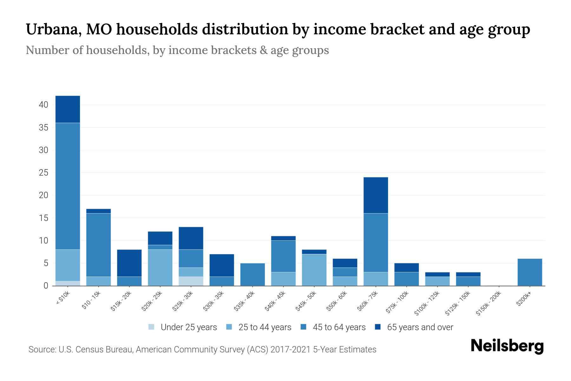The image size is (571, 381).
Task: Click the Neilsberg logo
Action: pyautogui.click(x=507, y=346)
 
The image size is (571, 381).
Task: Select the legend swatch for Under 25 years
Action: pyautogui.click(x=152, y=327)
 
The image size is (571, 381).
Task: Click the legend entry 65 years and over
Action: pyautogui.click(x=420, y=327)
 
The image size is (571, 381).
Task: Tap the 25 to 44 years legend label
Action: pyautogui.click(x=265, y=327)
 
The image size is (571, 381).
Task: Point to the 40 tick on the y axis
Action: pyautogui.click(x=43, y=105)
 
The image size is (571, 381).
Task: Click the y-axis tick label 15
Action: pyautogui.click(x=43, y=218)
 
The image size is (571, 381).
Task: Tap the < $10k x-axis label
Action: pyautogui.click(x=63, y=298)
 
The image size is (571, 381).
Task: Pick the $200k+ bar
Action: pyautogui.click(x=529, y=272)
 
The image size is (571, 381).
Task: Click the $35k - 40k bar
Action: pyautogui.click(x=253, y=275)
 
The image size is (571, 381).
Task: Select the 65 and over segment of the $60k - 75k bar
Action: pyautogui.click(x=376, y=195)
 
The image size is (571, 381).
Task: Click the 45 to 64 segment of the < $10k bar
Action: pyautogui.click(x=68, y=186)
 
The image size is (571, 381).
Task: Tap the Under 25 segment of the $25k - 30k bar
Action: pyautogui.click(x=191, y=281)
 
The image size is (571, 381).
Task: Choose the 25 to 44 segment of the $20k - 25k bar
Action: pyautogui.click(x=160, y=268)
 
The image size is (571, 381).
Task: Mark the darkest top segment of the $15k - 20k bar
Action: pyautogui.click(x=129, y=263)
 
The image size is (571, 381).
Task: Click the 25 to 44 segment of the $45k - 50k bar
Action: pyautogui.click(x=314, y=270)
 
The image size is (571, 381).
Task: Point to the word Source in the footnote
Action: pyautogui.click(x=42, y=350)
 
